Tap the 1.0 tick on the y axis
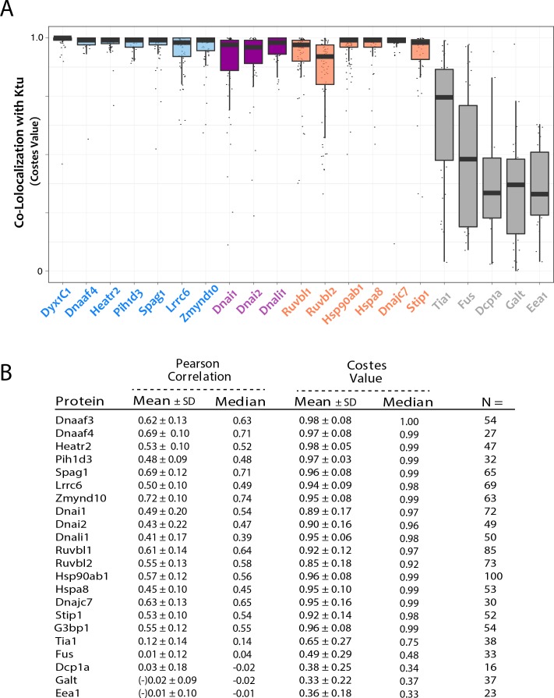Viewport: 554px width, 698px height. (35, 37)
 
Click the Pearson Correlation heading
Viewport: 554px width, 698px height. (198, 377)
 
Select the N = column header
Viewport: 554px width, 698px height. (495, 402)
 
